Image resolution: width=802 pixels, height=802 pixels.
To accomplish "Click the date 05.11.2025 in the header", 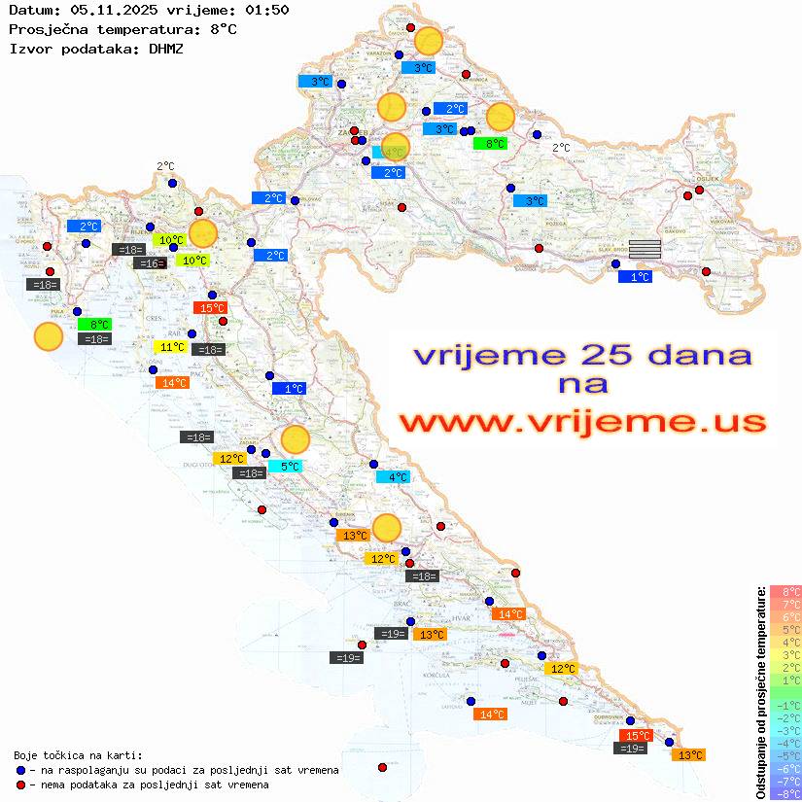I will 108,10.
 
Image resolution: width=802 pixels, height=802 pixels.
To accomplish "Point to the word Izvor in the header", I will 30,48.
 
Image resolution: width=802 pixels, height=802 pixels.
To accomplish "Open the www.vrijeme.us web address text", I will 581,422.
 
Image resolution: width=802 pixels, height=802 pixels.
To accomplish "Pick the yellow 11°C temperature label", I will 171,347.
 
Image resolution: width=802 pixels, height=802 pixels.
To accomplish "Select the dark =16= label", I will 150,263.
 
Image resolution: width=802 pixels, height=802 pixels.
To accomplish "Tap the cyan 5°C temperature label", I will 290,467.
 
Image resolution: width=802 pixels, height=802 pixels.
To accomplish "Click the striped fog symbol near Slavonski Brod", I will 645,249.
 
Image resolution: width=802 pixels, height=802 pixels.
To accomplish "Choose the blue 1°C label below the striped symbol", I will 636,277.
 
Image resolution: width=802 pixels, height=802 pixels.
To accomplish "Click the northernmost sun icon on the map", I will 429,41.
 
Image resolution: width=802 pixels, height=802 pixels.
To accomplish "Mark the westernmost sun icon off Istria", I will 48,337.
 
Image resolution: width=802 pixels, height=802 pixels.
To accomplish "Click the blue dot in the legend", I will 20,770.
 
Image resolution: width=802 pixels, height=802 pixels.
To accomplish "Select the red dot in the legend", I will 20,785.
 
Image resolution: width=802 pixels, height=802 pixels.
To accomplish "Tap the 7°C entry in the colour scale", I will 785,605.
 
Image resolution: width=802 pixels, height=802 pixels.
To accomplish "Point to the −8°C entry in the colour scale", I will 785,794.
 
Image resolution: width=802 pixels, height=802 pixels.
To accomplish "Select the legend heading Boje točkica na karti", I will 78,755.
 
